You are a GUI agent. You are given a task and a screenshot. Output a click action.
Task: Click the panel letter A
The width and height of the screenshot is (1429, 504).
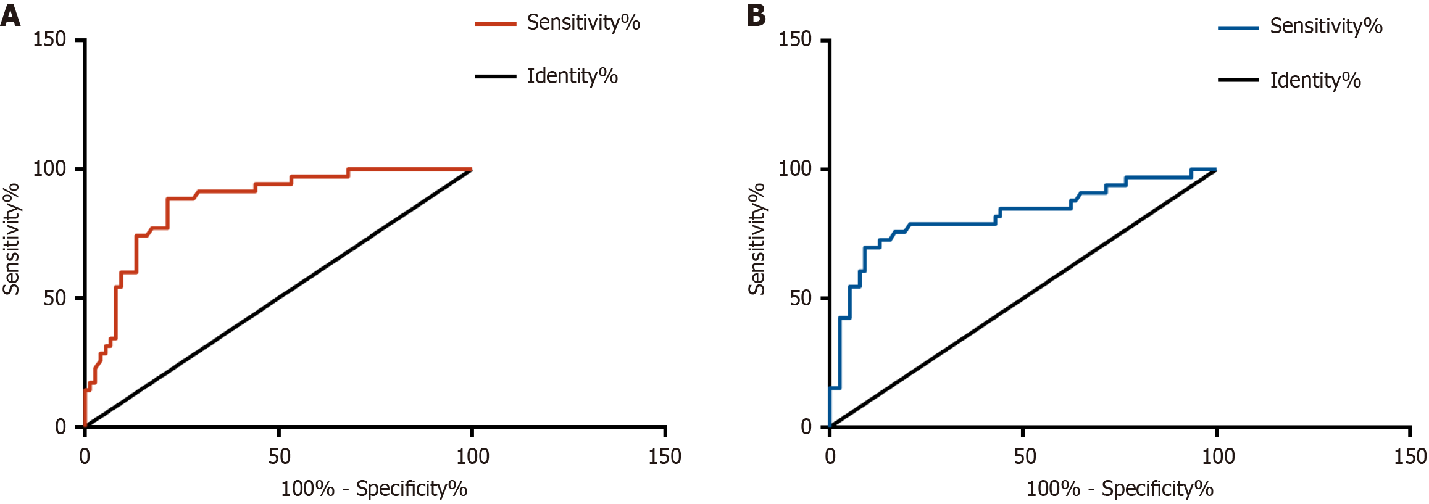point(10,15)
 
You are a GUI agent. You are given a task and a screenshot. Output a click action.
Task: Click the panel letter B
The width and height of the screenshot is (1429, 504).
point(756,15)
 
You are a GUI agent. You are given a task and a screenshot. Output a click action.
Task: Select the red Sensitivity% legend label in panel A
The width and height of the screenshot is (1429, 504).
point(583,23)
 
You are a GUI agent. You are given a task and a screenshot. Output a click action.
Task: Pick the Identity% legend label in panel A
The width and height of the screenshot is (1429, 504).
point(572,76)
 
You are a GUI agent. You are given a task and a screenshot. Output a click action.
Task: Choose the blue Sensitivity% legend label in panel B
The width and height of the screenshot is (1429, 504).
point(1326,27)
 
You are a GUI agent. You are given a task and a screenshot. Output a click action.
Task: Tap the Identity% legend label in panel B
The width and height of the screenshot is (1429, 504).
point(1315,80)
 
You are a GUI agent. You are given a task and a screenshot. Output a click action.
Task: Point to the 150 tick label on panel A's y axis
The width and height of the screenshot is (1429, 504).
point(49,39)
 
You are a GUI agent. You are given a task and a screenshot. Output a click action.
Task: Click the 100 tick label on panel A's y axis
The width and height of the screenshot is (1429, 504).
point(49,168)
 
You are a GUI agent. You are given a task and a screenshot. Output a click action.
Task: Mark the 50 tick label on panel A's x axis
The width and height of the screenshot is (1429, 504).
point(279,456)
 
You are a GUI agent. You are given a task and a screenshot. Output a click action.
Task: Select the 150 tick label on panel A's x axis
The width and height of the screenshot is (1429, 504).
point(665,456)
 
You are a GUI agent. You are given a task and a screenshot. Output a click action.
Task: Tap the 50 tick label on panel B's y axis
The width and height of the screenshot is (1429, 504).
point(801,298)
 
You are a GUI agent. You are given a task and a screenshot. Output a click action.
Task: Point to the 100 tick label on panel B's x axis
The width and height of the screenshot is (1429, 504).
point(1218,456)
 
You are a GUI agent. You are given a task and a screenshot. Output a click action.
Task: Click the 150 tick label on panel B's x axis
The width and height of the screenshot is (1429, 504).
point(1410,456)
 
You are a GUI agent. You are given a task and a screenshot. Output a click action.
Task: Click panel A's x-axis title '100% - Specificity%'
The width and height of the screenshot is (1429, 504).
point(374,489)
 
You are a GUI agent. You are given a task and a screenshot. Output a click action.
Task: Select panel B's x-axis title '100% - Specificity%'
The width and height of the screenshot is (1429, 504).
point(1120,489)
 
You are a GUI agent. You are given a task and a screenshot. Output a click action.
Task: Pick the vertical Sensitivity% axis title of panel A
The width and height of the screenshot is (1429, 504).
point(12,239)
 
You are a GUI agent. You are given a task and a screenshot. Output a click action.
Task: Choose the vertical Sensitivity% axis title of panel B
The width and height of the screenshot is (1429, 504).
point(757,239)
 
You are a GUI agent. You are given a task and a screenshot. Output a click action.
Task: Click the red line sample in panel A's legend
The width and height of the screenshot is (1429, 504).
point(495,24)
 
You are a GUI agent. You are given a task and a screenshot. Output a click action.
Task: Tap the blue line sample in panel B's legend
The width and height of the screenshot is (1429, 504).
point(1238,28)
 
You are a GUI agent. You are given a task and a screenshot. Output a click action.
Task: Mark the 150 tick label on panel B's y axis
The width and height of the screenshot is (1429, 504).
point(795,39)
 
